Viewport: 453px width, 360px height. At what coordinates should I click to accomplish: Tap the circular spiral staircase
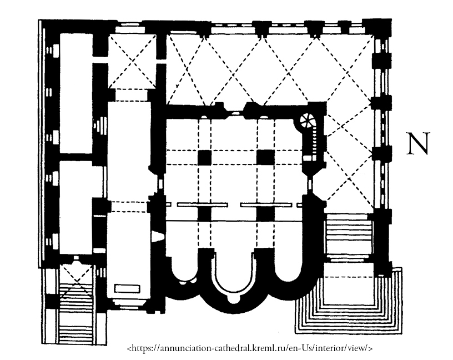point(306,121)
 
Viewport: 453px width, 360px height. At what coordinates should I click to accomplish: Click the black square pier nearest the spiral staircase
point(264,158)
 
